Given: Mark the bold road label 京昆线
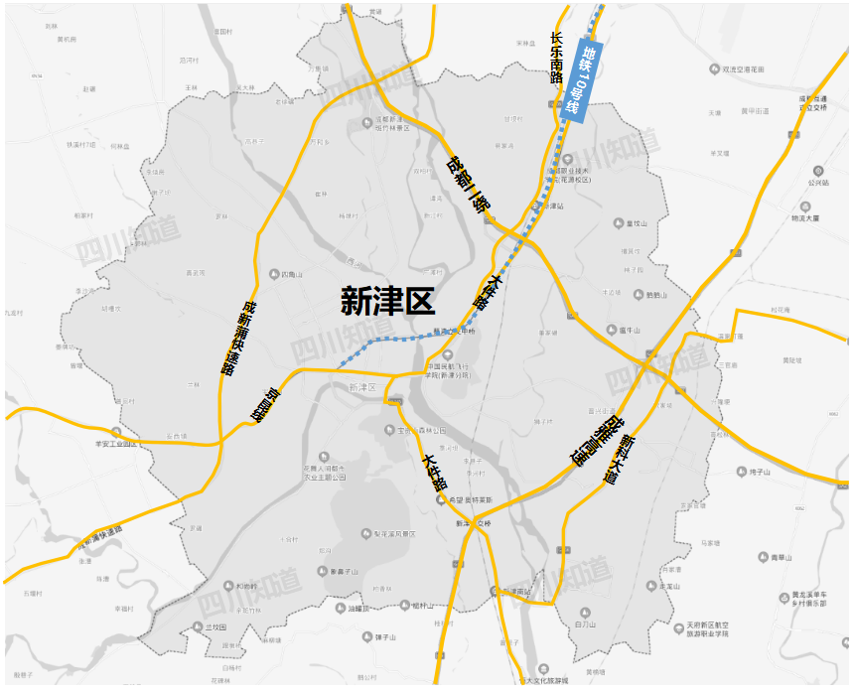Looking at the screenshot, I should (266, 406).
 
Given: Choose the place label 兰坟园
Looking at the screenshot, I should (216, 627).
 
